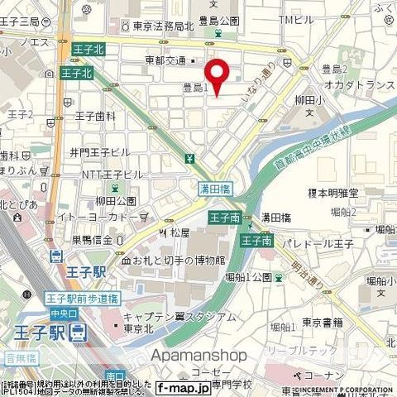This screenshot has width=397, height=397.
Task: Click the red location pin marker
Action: click(x=218, y=77)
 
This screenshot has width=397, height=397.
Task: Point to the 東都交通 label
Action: click(x=166, y=60)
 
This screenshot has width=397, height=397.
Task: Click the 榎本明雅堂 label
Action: click(x=333, y=193)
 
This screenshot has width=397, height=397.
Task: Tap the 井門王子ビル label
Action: click(x=99, y=152)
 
